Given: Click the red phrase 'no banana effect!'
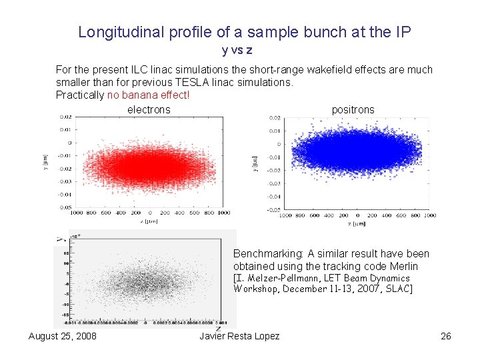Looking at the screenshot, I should coord(148,95).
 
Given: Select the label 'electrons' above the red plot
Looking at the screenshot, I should coord(149,109).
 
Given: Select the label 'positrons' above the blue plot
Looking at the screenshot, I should coord(353,109).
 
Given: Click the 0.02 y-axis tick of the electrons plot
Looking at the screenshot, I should coord(65,117).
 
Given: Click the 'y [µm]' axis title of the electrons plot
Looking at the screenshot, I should coord(46,161).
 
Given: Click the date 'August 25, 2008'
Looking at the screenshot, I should coord(63,335).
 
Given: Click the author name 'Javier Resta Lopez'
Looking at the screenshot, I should coord(239,335).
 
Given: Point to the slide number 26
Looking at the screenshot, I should coord(446,335).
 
